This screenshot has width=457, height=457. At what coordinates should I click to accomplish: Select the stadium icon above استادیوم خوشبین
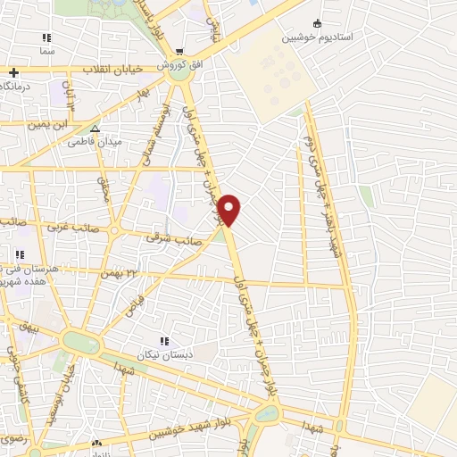tap(317, 23)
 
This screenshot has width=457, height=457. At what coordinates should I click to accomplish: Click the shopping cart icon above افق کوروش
tap(180, 51)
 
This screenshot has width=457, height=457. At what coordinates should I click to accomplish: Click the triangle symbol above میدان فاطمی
tap(96, 129)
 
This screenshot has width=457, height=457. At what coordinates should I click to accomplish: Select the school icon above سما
tap(46, 37)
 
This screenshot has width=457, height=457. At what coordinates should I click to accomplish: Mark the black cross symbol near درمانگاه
tap(13, 72)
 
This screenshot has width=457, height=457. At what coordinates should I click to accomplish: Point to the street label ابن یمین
tap(71, 126)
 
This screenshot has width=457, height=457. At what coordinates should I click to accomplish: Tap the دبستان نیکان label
tap(163, 353)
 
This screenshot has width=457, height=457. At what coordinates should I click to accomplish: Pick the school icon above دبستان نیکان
tap(163, 340)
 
